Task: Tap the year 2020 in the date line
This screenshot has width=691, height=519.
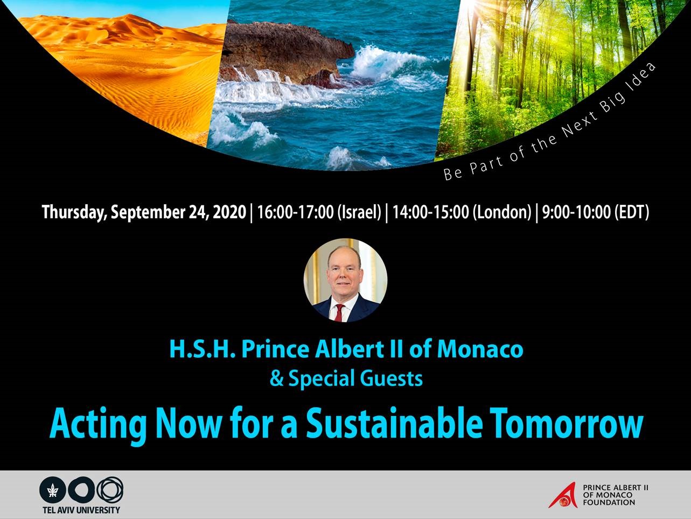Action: [229, 212]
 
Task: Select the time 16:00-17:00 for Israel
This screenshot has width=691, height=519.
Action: [295, 212]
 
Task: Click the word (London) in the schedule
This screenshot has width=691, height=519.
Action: [502, 212]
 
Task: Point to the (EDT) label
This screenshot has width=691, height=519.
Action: [632, 212]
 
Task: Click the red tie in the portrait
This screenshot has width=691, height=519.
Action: [340, 313]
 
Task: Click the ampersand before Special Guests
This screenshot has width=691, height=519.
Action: [277, 379]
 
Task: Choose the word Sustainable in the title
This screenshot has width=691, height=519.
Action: [394, 424]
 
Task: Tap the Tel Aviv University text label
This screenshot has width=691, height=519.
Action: [81, 510]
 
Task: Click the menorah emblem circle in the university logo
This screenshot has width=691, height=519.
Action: [53, 490]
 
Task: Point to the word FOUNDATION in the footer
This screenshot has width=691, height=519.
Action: [609, 503]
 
